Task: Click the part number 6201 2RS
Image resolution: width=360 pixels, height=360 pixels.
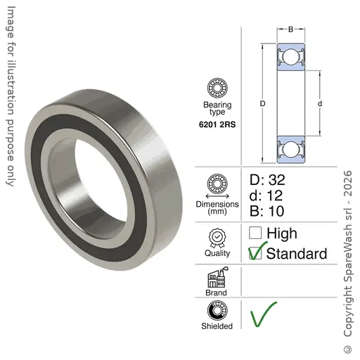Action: pos(217,124)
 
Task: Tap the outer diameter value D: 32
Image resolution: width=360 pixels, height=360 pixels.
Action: pos(267,180)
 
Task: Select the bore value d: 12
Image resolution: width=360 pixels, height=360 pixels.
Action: pos(266,195)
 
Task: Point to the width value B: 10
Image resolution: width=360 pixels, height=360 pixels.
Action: pos(266,211)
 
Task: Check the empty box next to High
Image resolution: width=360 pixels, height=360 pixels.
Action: pos(255,233)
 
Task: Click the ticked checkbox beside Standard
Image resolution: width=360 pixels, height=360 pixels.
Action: pos(255,253)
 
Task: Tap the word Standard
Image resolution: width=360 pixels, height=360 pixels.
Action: pos(297,254)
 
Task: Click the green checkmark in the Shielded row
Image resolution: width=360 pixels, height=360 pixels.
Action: pos(264,314)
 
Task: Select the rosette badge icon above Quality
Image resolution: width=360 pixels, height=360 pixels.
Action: pos(217,238)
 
